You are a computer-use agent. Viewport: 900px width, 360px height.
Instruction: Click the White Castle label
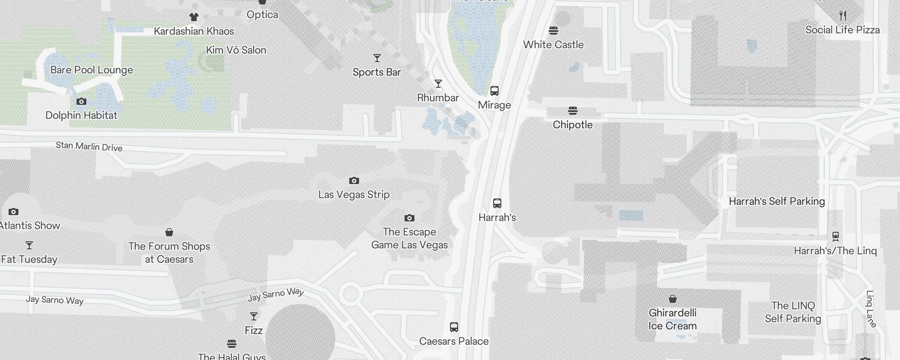553,45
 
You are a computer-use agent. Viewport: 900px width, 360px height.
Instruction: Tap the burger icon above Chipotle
572,110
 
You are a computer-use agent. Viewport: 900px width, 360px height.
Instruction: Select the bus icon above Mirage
494,91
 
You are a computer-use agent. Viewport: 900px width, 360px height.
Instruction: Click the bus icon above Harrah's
497,203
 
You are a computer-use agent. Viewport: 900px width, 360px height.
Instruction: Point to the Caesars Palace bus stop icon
454,327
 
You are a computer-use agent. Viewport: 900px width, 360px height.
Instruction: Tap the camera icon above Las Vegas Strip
354,181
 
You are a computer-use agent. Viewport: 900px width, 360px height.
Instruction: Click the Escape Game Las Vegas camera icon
409,218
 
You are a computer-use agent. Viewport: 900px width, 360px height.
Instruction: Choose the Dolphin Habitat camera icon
81,102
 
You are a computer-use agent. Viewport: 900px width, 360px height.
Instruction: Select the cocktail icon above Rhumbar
438,84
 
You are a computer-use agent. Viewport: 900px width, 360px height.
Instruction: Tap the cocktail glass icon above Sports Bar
377,58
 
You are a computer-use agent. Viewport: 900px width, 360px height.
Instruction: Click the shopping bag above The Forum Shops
169,232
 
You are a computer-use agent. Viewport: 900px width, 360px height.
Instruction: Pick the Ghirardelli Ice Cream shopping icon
672,299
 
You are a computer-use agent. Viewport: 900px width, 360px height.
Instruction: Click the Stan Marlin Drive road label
89,146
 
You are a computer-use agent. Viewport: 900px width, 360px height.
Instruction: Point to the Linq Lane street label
871,309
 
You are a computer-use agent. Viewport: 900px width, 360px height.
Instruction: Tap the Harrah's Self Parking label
777,201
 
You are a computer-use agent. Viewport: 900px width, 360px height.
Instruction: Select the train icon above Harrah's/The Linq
835,236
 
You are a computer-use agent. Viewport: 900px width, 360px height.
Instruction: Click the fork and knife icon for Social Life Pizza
842,16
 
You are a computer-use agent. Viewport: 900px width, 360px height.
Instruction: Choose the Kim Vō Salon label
236,50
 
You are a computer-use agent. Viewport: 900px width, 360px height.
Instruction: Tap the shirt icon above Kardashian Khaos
193,17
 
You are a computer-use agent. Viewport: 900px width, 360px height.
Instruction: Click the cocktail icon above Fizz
253,316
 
